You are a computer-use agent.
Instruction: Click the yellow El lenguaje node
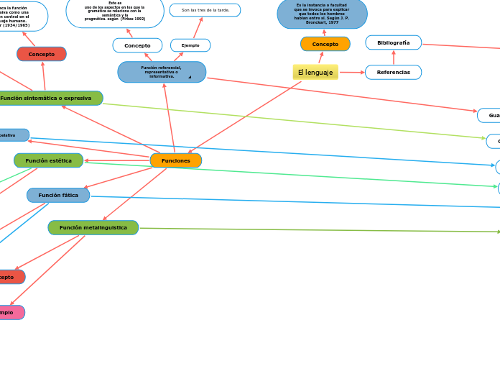[315, 72]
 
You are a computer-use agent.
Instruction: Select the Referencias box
[393, 72]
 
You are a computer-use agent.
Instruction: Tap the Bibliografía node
[393, 42]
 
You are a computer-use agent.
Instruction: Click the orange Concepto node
[325, 44]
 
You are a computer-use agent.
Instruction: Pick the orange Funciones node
[175, 160]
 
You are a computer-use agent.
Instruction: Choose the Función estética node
[48, 160]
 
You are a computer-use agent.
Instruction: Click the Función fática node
[58, 195]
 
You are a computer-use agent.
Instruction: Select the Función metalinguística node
[93, 227]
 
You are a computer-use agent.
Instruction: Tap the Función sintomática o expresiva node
[47, 98]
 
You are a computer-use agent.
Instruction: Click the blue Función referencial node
[161, 72]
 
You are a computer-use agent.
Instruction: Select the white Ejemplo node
[190, 45]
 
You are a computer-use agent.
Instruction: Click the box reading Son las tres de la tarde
[205, 10]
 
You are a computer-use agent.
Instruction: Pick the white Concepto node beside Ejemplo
[137, 45]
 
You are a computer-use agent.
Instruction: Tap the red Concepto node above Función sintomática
[41, 54]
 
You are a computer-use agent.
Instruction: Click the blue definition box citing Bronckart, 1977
[322, 14]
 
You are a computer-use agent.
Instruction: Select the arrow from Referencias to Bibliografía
[393, 58]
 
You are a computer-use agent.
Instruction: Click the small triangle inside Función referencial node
[190, 77]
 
